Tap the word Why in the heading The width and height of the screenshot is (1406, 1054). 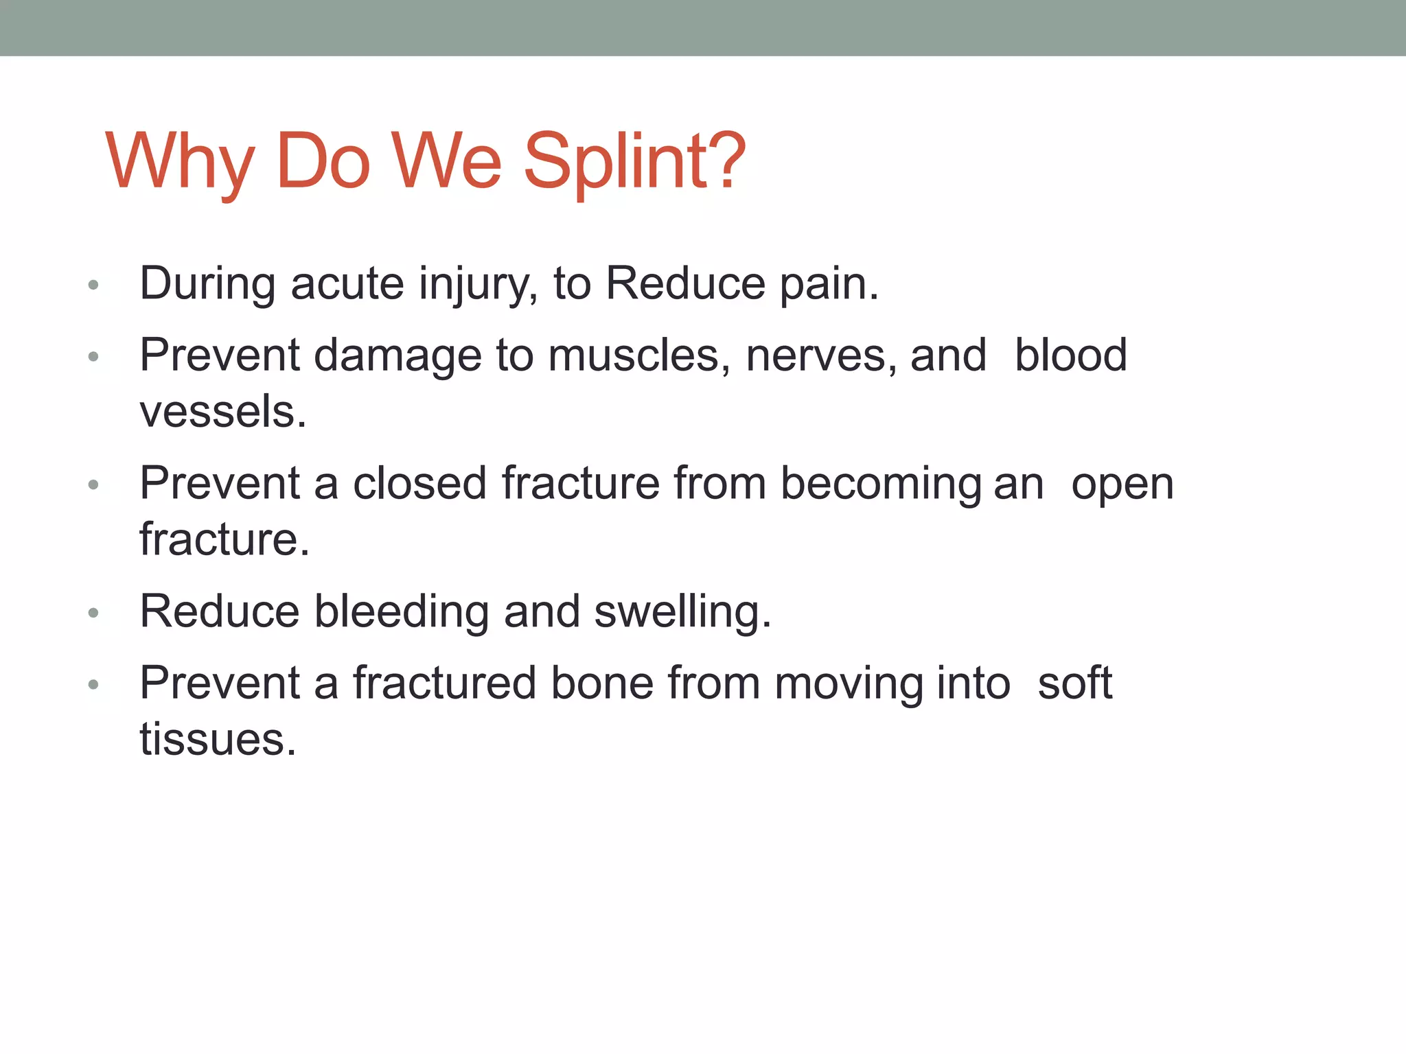pyautogui.click(x=179, y=163)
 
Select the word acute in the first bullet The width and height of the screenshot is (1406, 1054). pyautogui.click(x=347, y=283)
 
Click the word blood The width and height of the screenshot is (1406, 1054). pyautogui.click(x=1070, y=355)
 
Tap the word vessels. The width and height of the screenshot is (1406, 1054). pyautogui.click(x=223, y=412)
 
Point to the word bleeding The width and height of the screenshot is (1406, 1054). pyautogui.click(x=401, y=611)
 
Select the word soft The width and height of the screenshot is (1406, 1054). pyautogui.click(x=1074, y=683)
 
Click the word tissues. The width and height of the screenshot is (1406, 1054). pyautogui.click(x=218, y=740)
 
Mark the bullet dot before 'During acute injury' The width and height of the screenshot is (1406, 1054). pyautogui.click(x=94, y=285)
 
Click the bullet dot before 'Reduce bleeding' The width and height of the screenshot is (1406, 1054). pyautogui.click(x=94, y=612)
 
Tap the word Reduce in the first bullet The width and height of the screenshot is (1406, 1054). pyautogui.click(x=685, y=283)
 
